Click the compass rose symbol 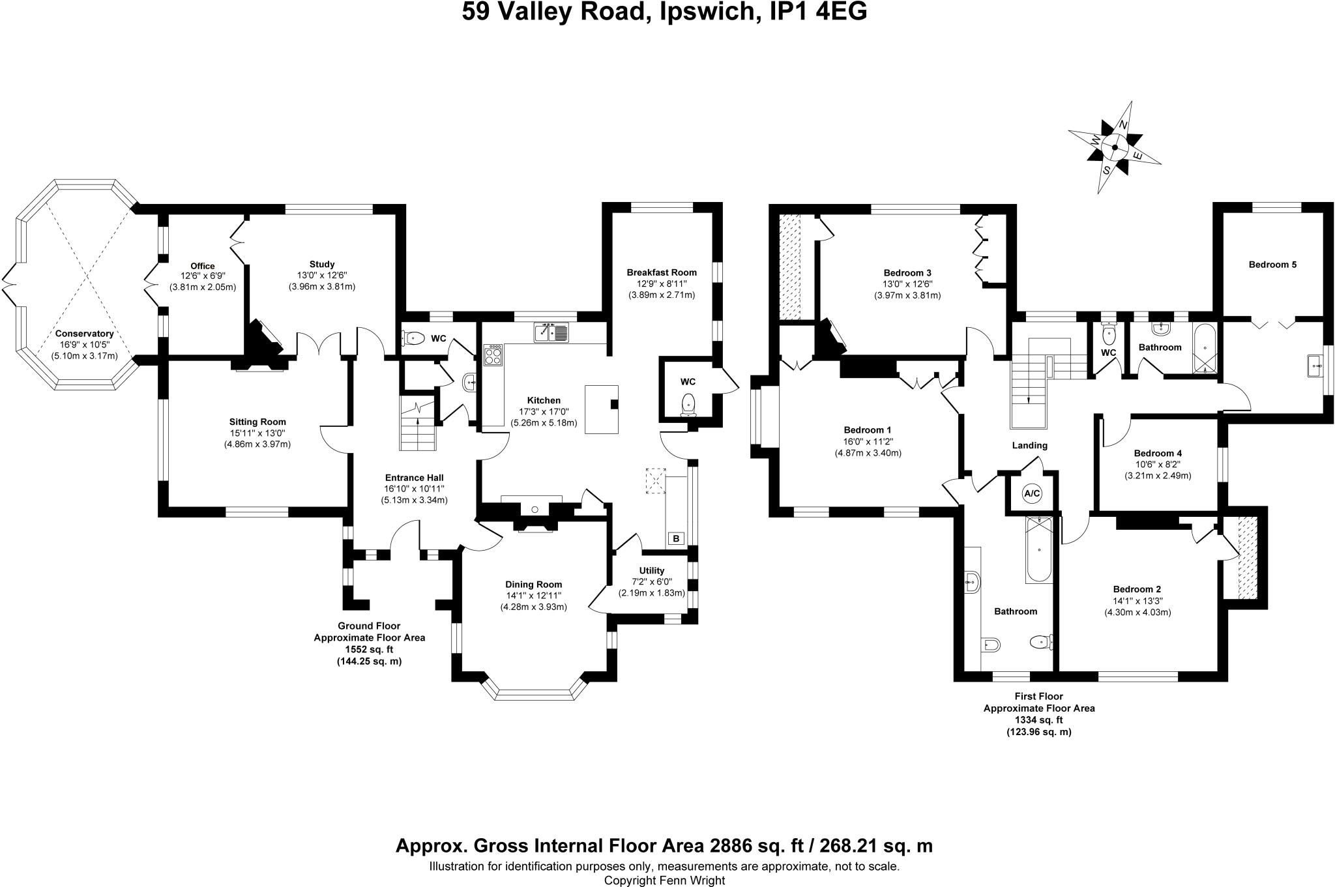(1115, 147)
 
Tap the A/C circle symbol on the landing (1032, 493)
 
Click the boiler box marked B (676, 538)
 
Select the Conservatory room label (84, 333)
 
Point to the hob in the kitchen (493, 356)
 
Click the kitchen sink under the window (551, 334)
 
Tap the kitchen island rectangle (602, 409)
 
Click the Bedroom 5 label (1272, 265)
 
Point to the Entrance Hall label (414, 478)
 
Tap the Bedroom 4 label (1158, 453)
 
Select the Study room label (322, 264)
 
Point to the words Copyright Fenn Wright (664, 880)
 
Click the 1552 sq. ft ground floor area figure (369, 650)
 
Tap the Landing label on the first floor (1029, 446)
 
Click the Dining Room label (533, 585)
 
